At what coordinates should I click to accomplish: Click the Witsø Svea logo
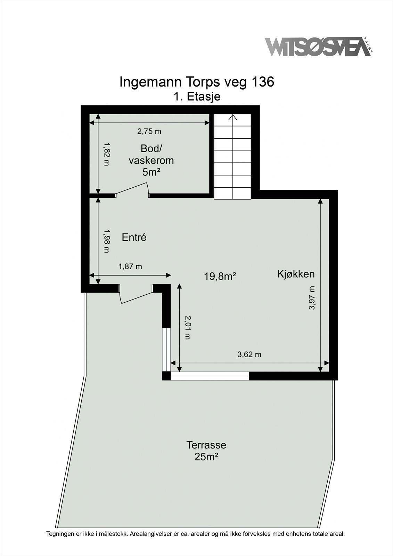point(318,47)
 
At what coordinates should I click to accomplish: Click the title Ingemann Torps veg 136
point(197,82)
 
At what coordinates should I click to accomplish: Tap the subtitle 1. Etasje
point(197,97)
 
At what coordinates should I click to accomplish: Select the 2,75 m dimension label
point(149,131)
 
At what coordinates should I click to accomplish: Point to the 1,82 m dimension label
point(106,154)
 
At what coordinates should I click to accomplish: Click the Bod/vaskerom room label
point(151,155)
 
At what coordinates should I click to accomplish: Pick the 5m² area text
point(151,172)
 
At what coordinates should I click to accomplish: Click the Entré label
point(134,238)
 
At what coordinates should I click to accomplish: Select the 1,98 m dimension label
point(106,241)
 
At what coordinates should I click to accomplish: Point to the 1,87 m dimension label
point(130,267)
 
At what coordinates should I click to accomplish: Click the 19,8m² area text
point(220,277)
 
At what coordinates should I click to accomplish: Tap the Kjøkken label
point(296,274)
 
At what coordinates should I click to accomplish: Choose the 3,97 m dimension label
point(312,298)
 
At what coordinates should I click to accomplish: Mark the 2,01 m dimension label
point(188,327)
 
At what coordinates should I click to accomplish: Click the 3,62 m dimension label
point(249,355)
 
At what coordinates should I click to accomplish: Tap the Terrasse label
point(206,445)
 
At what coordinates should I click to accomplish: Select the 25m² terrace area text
point(206,457)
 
